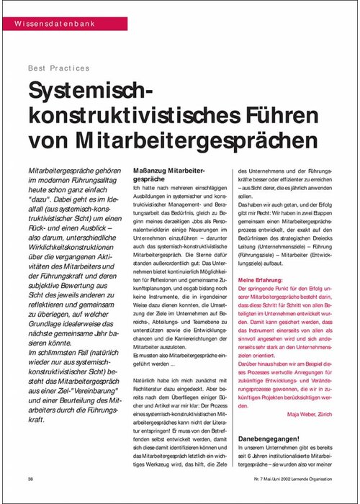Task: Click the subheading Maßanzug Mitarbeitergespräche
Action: pos(168,173)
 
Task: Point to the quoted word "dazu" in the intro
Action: pos(42,195)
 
